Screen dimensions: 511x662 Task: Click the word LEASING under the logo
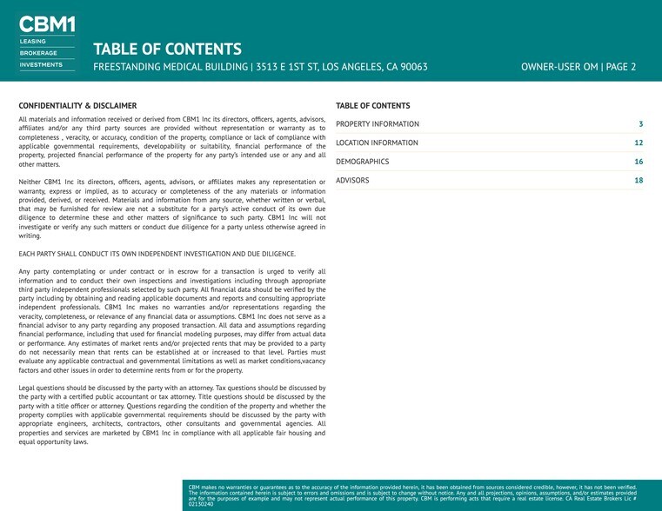(x=33, y=42)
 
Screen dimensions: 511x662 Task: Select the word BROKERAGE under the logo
(x=38, y=53)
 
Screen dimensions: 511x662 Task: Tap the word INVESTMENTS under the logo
(x=41, y=64)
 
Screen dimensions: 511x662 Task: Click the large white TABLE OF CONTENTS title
(x=167, y=49)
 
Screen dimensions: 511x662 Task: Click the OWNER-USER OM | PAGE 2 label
(x=578, y=67)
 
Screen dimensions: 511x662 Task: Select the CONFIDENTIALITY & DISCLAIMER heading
(x=77, y=105)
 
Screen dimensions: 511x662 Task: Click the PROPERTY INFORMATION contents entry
(x=377, y=124)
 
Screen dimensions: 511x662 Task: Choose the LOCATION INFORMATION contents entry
(x=377, y=143)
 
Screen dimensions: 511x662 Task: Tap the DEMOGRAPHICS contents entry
(x=362, y=162)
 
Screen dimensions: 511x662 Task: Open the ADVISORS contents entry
(x=352, y=181)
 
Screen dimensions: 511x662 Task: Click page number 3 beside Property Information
(x=640, y=124)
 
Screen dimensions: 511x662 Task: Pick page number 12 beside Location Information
(x=639, y=143)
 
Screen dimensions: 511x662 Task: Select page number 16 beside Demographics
(x=639, y=162)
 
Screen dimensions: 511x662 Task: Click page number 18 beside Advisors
(x=639, y=181)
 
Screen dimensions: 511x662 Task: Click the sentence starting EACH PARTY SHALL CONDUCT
(x=157, y=254)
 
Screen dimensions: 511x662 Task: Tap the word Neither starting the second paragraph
(x=31, y=182)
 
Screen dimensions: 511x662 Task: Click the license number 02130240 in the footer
(x=201, y=504)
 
